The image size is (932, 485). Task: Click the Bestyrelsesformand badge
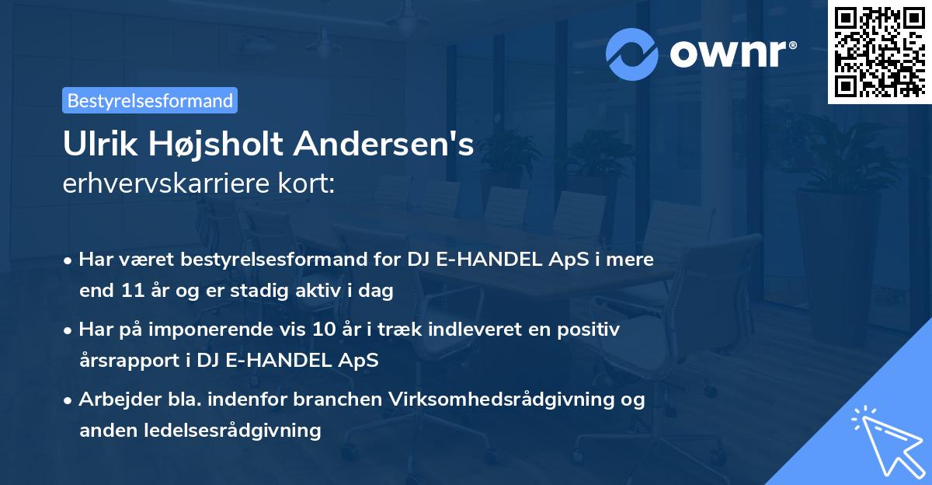pos(150,100)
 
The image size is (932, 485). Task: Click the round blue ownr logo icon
pos(632,52)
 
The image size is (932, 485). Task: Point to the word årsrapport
pos(123,360)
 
